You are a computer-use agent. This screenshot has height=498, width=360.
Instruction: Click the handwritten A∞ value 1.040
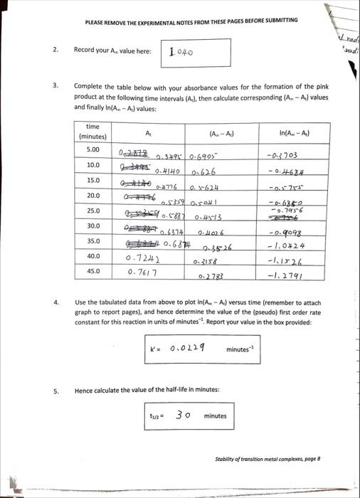pos(182,52)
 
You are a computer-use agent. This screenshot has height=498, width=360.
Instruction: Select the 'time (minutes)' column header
pos(92,132)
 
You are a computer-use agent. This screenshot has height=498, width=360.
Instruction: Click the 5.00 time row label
pos(92,149)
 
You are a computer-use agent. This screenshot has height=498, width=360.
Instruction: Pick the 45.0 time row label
pos(92,270)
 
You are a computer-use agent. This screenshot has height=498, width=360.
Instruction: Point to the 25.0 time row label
pos(92,211)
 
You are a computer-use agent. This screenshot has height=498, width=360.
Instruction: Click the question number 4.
pos(55,302)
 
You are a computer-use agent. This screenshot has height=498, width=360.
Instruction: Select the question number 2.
pos(55,51)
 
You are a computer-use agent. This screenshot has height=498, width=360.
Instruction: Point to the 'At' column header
pos(148,133)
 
